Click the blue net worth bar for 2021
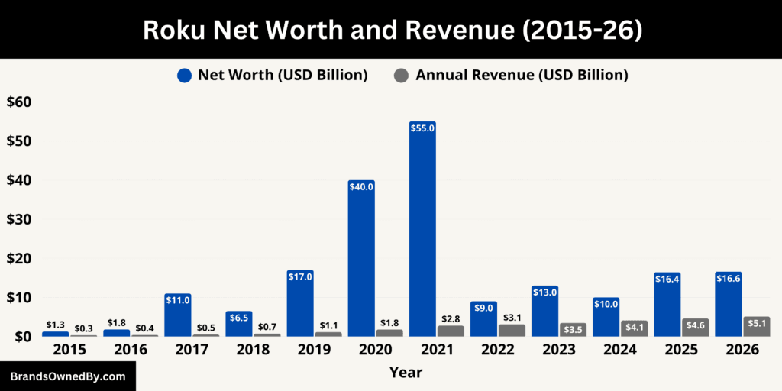click(422, 229)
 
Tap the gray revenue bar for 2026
click(756, 327)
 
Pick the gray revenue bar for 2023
click(573, 330)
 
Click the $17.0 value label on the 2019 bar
click(300, 276)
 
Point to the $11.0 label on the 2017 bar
click(178, 300)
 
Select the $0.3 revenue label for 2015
click(84, 328)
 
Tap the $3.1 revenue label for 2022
click(512, 317)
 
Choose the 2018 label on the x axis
click(253, 349)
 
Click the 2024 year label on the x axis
click(619, 349)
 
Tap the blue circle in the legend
click(184, 75)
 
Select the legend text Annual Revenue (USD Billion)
click(522, 75)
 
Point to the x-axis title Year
click(406, 373)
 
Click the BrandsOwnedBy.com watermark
click(68, 376)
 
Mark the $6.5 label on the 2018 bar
click(239, 317)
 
